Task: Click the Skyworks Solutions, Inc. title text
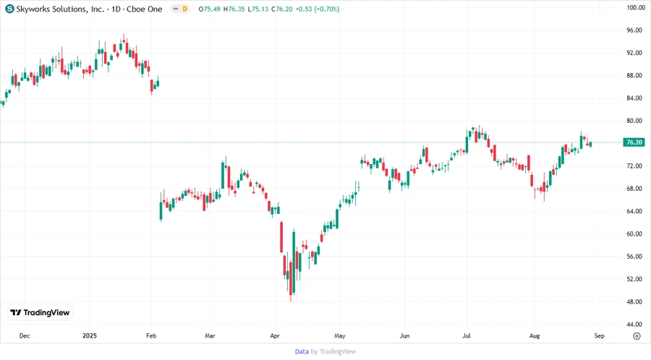pyautogui.click(x=54, y=9)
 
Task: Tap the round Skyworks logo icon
pyautogui.click(x=9, y=9)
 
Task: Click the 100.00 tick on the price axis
pyautogui.click(x=635, y=8)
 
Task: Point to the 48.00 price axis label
pyautogui.click(x=635, y=301)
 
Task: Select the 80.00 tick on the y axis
pyautogui.click(x=635, y=121)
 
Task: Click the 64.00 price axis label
pyautogui.click(x=635, y=211)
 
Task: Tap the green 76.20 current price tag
pyautogui.click(x=634, y=142)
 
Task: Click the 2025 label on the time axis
pyautogui.click(x=90, y=336)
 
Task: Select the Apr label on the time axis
pyautogui.click(x=275, y=336)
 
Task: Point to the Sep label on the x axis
pyautogui.click(x=600, y=336)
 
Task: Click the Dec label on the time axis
pyautogui.click(x=24, y=336)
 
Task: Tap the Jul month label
pyautogui.click(x=467, y=336)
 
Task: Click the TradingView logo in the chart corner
pyautogui.click(x=41, y=313)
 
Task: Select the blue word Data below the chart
pyautogui.click(x=302, y=351)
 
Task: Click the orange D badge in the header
pyautogui.click(x=185, y=9)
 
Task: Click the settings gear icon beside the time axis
pyautogui.click(x=636, y=336)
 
